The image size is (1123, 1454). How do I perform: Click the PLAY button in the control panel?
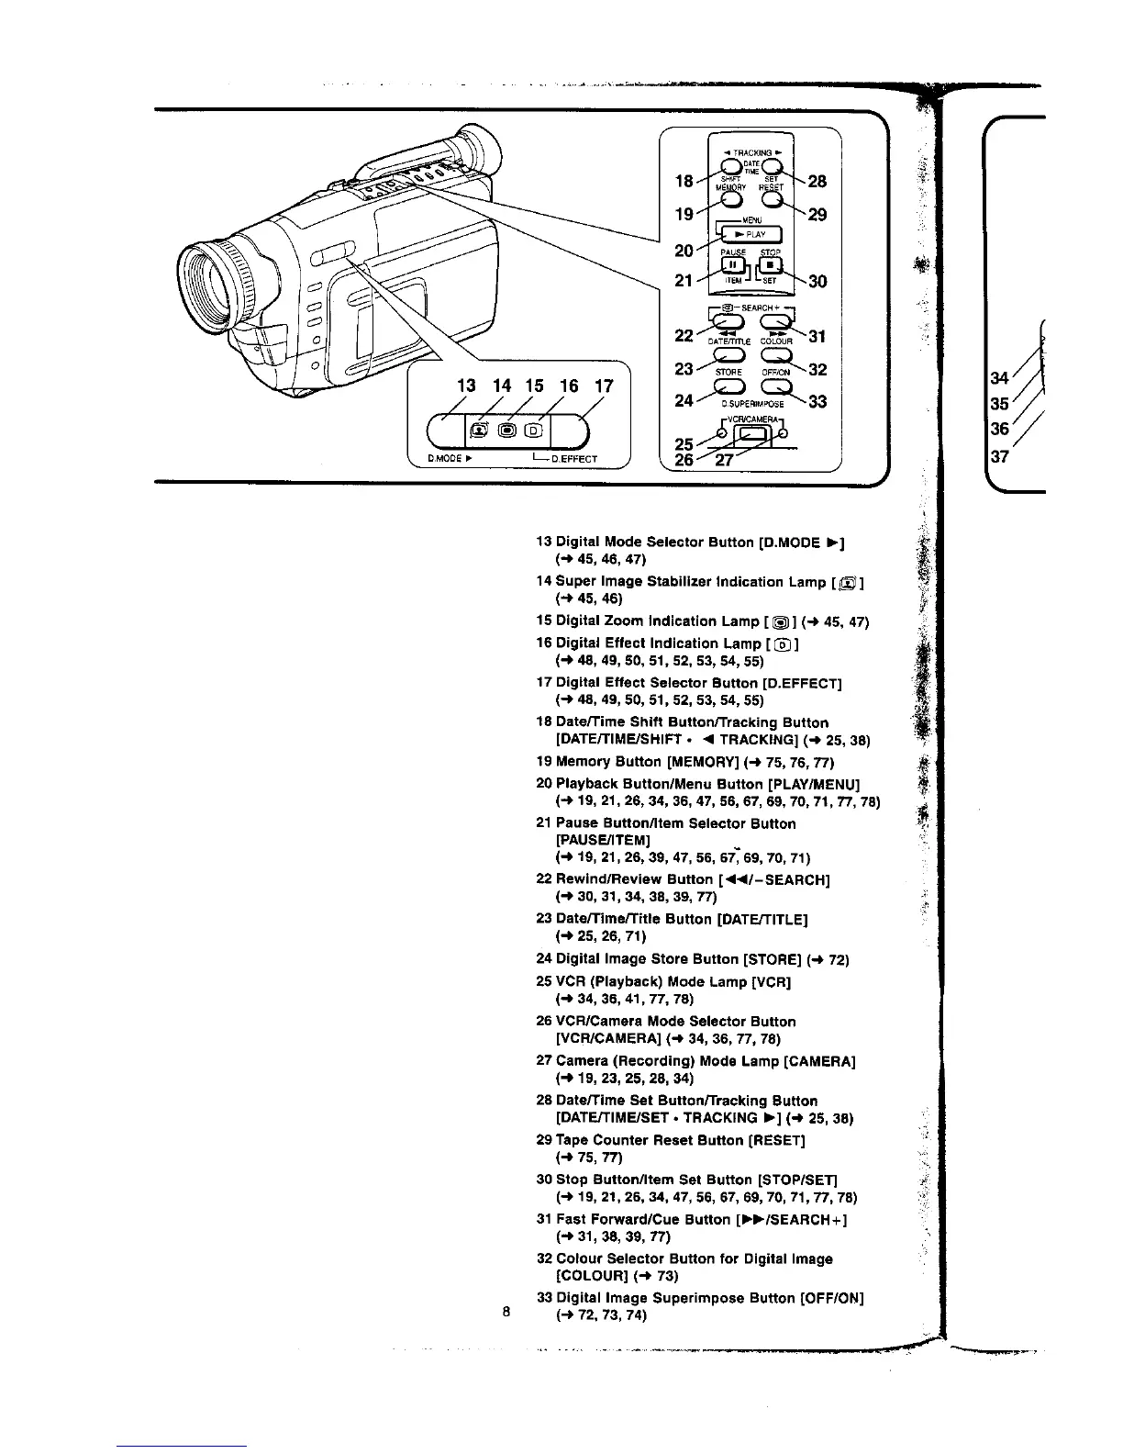[x=750, y=234]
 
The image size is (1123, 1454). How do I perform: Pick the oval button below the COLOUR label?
[x=773, y=354]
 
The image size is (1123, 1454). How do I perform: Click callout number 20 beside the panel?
[x=684, y=250]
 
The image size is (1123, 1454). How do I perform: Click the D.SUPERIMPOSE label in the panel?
[x=751, y=403]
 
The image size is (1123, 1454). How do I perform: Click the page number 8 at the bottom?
[x=506, y=1311]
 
